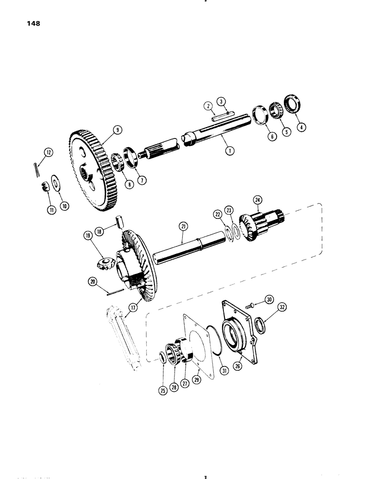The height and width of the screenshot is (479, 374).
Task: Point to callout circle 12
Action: (48, 153)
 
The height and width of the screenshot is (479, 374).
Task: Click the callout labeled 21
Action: (183, 224)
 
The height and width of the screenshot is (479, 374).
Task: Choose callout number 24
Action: (257, 199)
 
